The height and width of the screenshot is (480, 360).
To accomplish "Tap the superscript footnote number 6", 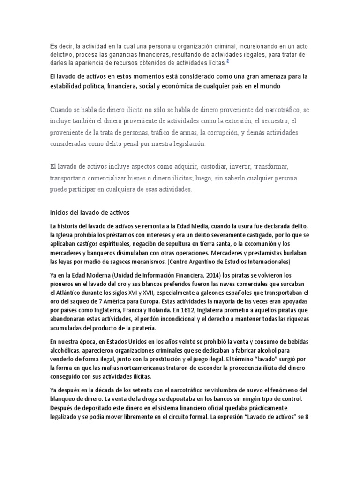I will [x=227, y=61].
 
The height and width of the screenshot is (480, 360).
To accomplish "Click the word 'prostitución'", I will [x=154, y=359].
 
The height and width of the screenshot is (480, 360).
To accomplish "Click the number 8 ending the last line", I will [x=306, y=417].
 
